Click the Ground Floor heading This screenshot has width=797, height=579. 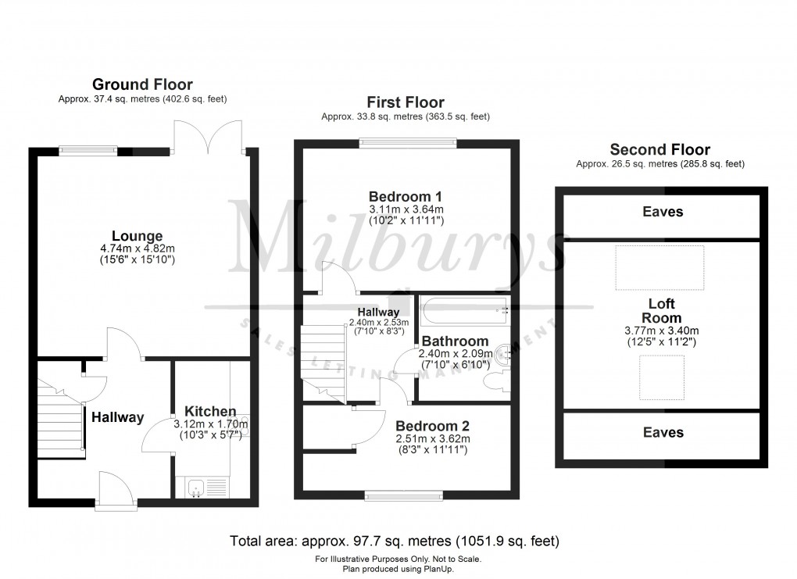pyautogui.click(x=142, y=84)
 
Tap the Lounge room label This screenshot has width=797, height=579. pyautogui.click(x=137, y=236)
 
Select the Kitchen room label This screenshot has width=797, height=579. pyautogui.click(x=210, y=411)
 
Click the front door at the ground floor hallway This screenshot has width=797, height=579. pyautogui.click(x=115, y=488)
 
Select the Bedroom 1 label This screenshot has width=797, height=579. pyautogui.click(x=406, y=195)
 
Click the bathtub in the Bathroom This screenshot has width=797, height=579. pyautogui.click(x=463, y=311)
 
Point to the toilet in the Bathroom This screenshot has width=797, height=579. pyautogui.click(x=493, y=381)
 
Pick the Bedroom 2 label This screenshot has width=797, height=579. pyautogui.click(x=432, y=426)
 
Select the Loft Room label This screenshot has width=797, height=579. pyautogui.click(x=661, y=311)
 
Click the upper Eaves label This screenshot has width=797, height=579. pyautogui.click(x=662, y=212)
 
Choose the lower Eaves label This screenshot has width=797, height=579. pyautogui.click(x=662, y=432)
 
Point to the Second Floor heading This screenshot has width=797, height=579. pyautogui.click(x=660, y=149)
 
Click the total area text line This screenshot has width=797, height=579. pyautogui.click(x=395, y=541)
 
